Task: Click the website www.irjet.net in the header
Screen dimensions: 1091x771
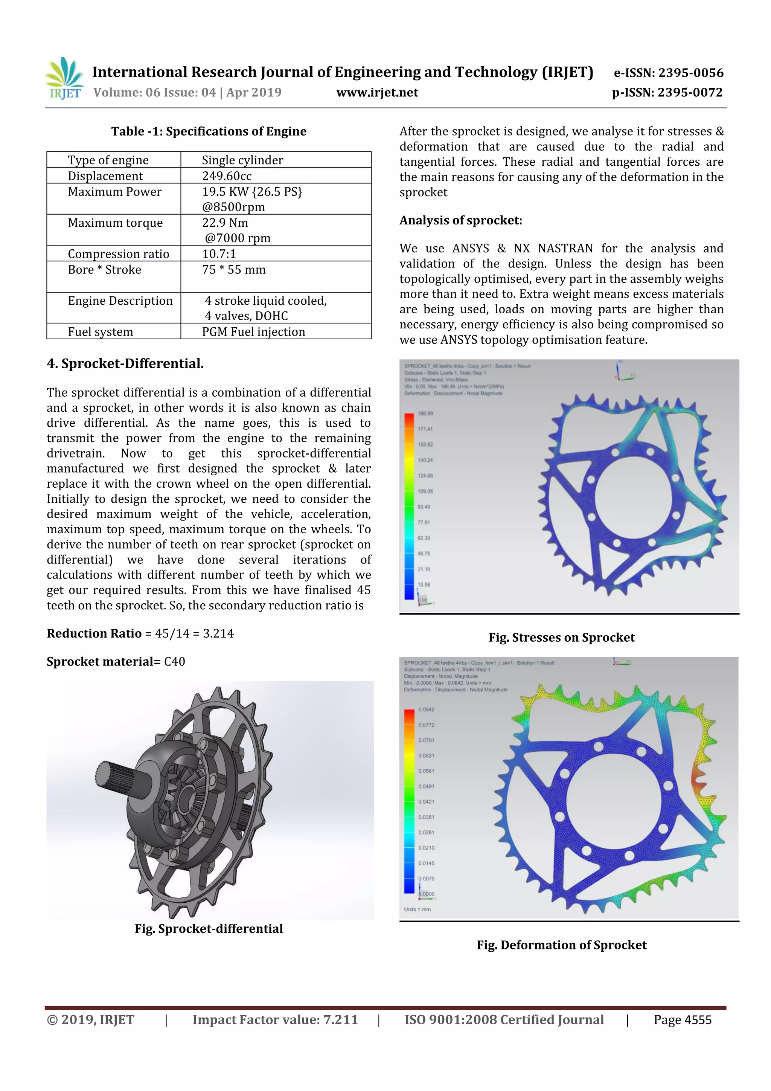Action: [x=377, y=92]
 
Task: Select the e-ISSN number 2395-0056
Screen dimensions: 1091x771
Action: [x=690, y=73]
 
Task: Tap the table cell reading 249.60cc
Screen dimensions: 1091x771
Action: [x=227, y=176]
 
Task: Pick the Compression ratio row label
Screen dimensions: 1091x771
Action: [x=118, y=254]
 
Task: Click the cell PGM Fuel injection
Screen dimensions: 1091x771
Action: [x=253, y=332]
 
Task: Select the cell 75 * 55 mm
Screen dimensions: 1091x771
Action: [x=234, y=269]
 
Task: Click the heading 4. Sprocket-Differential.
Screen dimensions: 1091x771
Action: [x=125, y=363]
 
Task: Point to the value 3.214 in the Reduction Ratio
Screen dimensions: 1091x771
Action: [x=218, y=633]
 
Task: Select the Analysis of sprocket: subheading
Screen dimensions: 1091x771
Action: [x=460, y=220]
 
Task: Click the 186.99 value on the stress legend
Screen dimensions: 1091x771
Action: [x=425, y=414]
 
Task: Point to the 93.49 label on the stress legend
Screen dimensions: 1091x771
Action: [x=424, y=507]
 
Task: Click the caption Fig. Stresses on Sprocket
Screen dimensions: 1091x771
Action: [x=562, y=637]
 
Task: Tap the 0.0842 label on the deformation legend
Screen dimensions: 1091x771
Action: [x=426, y=710]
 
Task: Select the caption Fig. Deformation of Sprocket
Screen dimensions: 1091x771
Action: [x=562, y=945]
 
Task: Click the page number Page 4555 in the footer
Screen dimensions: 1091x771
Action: [x=682, y=1020]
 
